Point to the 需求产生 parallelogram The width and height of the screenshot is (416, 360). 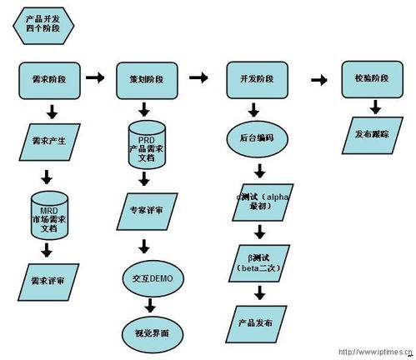pos(50,140)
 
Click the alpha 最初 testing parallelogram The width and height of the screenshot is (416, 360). pos(261,201)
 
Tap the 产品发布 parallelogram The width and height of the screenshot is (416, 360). pos(259,322)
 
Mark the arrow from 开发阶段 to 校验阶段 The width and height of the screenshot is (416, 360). pos(318,79)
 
